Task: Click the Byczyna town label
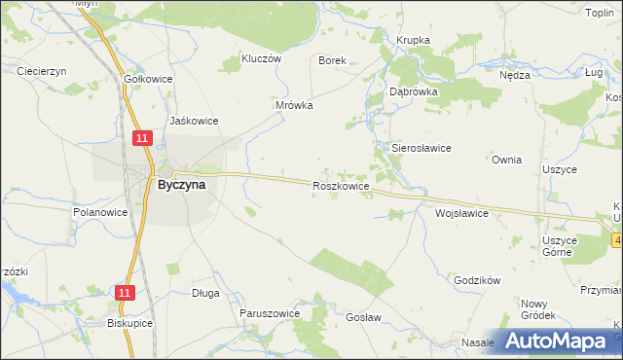(181, 185)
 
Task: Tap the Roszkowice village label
(340, 185)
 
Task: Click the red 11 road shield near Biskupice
(124, 292)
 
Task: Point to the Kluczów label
(260, 58)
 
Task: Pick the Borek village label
(333, 59)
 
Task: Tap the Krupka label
(413, 40)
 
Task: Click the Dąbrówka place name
(414, 90)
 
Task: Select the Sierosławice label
(421, 148)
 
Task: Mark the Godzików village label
(477, 279)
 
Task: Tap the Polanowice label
(100, 211)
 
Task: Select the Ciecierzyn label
(41, 71)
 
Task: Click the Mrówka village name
(293, 105)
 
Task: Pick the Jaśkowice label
(194, 121)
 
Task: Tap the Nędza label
(514, 75)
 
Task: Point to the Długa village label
(205, 292)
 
